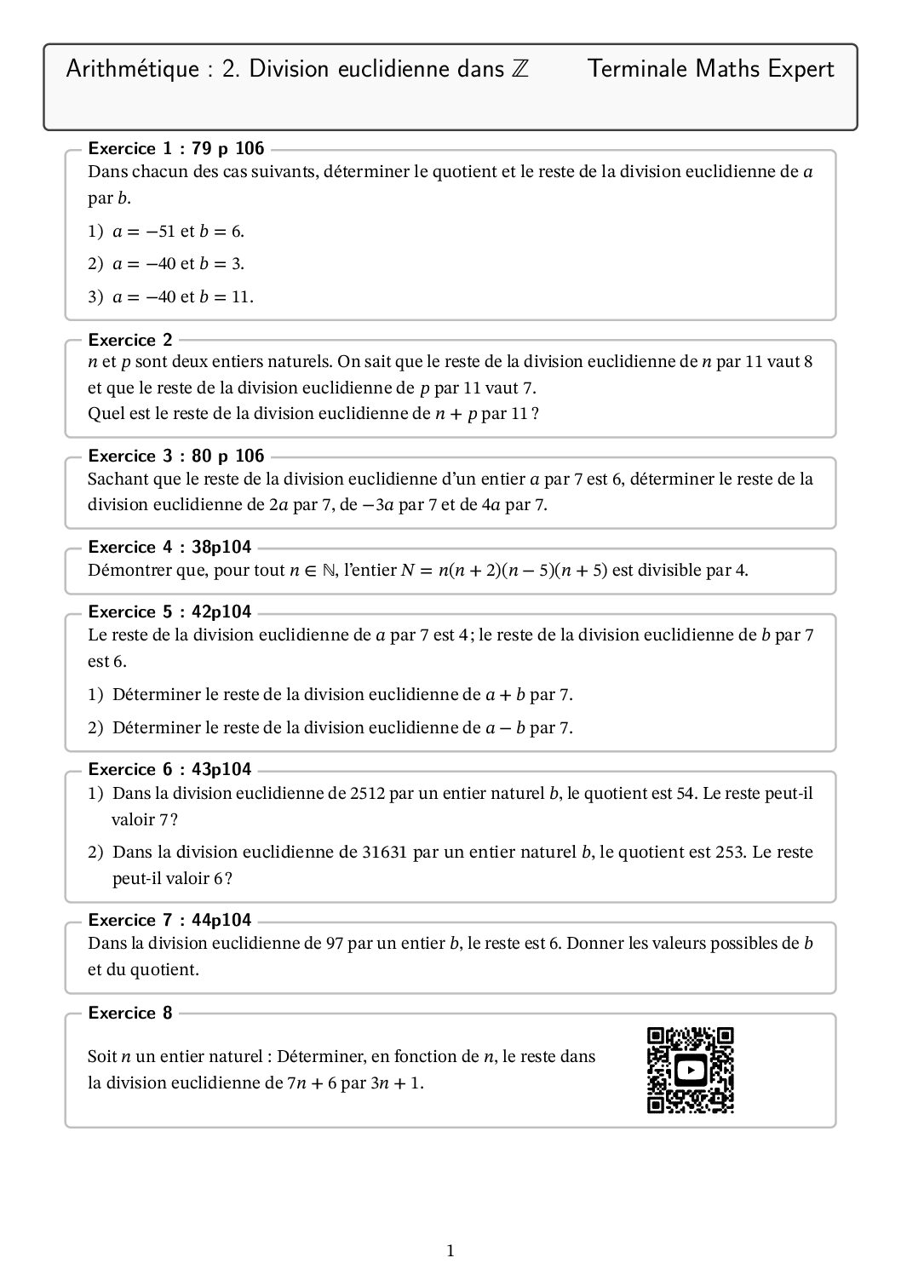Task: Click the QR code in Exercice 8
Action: click(691, 1071)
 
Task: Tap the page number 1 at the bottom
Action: click(450, 1250)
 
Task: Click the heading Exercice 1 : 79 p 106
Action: click(176, 149)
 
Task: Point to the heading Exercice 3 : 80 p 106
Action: click(176, 456)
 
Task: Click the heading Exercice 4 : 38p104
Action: click(170, 547)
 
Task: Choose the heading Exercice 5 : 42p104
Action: click(170, 612)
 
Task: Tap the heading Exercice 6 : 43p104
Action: click(170, 769)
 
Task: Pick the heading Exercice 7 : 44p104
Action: click(170, 920)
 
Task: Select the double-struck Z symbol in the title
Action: click(519, 69)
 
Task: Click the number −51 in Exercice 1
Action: click(159, 231)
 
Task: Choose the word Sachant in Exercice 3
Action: click(117, 479)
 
